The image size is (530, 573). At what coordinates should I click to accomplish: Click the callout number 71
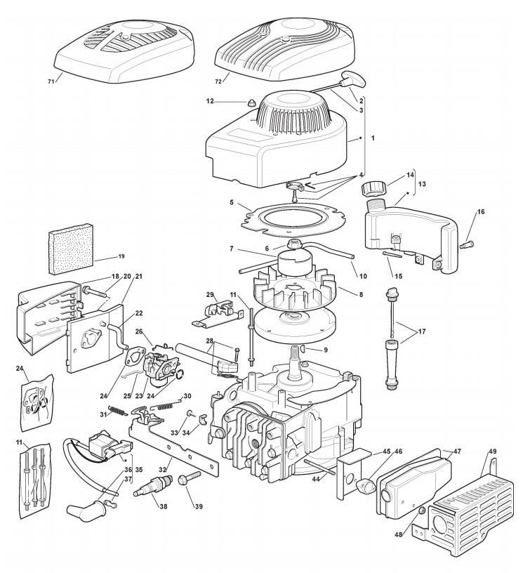point(51,81)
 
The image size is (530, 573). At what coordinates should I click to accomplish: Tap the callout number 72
point(218,81)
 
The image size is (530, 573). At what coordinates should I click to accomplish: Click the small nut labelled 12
point(249,103)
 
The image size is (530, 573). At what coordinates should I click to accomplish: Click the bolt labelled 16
point(468,244)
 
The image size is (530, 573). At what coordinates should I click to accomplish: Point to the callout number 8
point(361,294)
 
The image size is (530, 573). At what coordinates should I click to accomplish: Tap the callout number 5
point(232,202)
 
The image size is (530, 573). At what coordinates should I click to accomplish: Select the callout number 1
point(373,138)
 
